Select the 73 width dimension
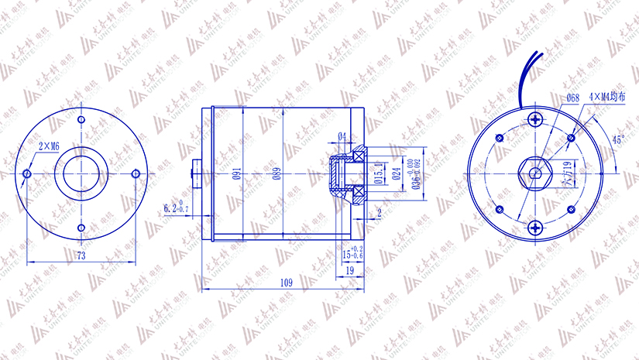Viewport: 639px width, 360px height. click(x=80, y=254)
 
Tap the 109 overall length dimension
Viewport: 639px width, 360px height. click(x=286, y=283)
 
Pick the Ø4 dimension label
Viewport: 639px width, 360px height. click(x=342, y=137)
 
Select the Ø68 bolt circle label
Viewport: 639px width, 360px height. click(x=573, y=98)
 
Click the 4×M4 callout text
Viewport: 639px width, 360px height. click(x=606, y=98)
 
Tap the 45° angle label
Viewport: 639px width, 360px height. click(x=617, y=140)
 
